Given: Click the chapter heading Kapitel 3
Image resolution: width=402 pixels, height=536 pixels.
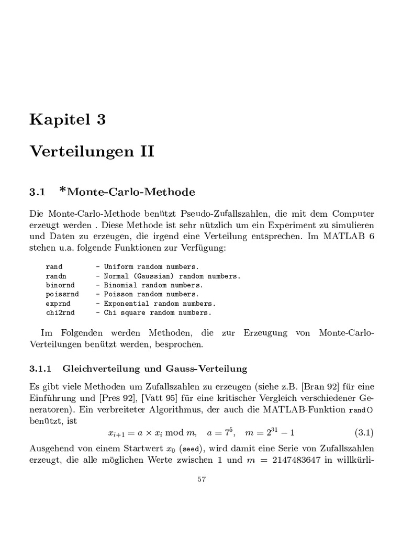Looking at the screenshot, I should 68,120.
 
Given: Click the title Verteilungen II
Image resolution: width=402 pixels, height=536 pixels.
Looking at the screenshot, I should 92,152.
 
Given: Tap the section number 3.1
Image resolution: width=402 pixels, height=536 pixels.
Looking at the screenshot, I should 38,192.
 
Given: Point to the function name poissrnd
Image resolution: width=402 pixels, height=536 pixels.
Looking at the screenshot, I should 62,294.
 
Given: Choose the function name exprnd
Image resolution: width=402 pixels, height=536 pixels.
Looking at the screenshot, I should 58,304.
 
